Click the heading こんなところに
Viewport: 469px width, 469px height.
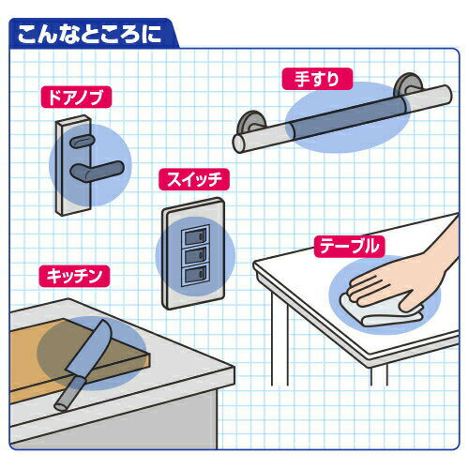[x=89, y=34]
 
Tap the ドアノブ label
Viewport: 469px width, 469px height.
[x=76, y=97]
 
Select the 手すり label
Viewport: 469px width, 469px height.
[x=317, y=79]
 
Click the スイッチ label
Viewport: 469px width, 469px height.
[x=194, y=179]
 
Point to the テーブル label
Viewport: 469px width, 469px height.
[x=349, y=247]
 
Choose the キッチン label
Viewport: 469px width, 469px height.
[x=74, y=276]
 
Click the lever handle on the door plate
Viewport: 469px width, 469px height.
[x=97, y=171]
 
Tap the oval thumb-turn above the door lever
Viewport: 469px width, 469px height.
[x=82, y=142]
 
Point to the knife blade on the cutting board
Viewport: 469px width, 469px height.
[x=91, y=347]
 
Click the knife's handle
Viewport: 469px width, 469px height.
[x=68, y=393]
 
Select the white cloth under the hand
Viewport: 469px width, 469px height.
[x=382, y=312]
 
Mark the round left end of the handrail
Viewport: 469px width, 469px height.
[x=240, y=144]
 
